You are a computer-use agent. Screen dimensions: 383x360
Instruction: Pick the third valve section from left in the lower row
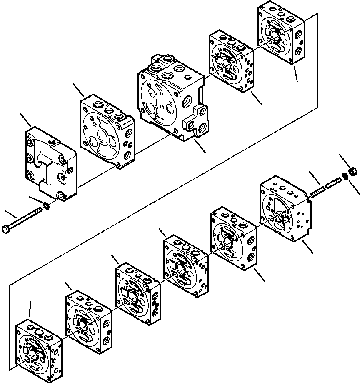[x=137, y=292]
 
